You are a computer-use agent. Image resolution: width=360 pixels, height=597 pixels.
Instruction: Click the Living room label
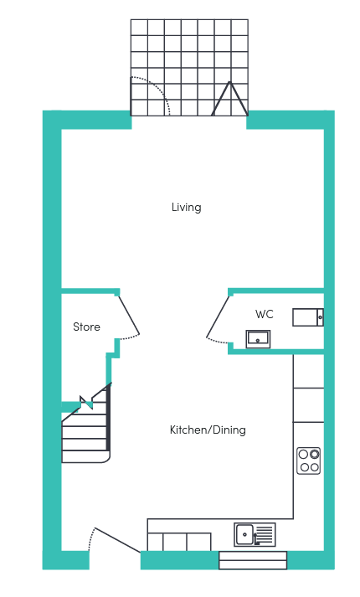186,208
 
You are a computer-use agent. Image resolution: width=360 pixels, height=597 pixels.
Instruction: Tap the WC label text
265,314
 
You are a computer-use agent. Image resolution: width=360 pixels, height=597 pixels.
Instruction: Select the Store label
86,327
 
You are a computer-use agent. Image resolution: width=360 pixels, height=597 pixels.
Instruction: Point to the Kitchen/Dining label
208,430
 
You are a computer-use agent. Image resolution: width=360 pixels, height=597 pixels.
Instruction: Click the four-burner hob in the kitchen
309,461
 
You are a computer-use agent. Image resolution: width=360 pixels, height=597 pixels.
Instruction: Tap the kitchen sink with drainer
255,534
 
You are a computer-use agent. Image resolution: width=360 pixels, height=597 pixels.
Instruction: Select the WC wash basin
258,339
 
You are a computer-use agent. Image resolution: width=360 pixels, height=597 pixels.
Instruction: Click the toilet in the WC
308,317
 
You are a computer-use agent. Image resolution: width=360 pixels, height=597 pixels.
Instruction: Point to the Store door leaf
129,316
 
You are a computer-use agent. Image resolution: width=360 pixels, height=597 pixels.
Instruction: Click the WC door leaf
218,317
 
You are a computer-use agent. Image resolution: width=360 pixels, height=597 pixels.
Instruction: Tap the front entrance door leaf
117,540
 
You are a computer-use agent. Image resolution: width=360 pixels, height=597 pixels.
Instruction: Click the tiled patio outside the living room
189,68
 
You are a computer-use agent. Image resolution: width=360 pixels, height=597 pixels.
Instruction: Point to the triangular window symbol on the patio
229,99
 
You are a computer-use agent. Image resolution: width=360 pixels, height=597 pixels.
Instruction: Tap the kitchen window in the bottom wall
253,560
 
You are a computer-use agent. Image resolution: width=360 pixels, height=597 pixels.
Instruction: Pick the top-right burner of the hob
314,454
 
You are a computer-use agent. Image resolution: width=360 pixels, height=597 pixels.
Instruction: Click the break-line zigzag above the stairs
86,403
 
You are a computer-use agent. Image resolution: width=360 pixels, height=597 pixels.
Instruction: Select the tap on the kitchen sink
255,539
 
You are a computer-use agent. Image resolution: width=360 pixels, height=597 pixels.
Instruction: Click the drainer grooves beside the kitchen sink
265,534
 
